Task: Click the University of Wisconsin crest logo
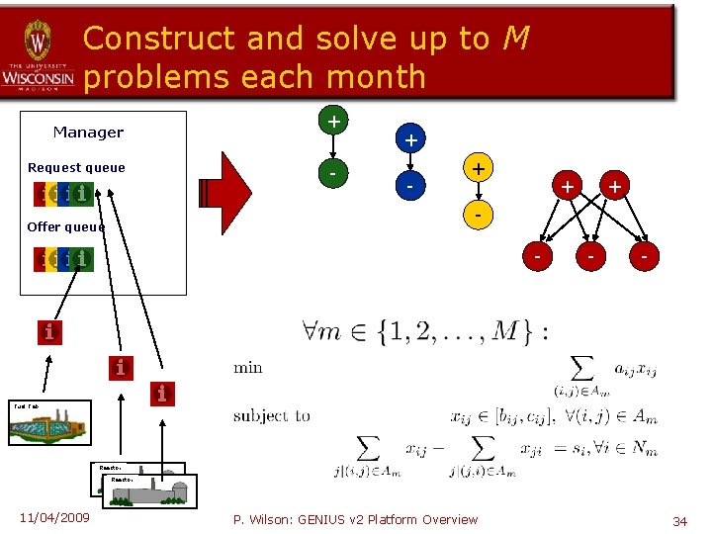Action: pos(38,42)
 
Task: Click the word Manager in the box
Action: pos(88,133)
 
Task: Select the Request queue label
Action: pos(76,168)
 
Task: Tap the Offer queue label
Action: pos(65,227)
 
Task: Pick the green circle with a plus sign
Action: pos(335,122)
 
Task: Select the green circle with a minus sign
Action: pos(335,174)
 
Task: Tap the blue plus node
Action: pos(409,140)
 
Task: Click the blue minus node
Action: pos(409,186)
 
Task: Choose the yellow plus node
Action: pos(478,169)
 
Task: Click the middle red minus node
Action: pos(590,256)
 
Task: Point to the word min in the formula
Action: pos(248,368)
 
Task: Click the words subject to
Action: pos(272,415)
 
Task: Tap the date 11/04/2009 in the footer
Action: pos(54,518)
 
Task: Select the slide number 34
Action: pos(679,520)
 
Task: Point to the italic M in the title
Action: pos(514,39)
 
